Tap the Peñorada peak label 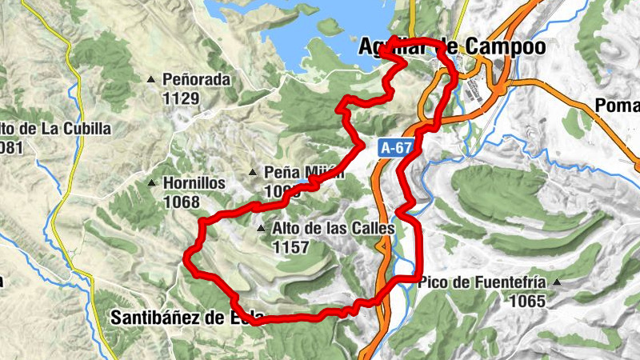pyautogui.click(x=196, y=80)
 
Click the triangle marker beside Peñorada pyautogui.click(x=152, y=80)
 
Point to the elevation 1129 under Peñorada pyautogui.click(x=180, y=98)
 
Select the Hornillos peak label pyautogui.click(x=194, y=182)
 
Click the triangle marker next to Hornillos pyautogui.click(x=152, y=183)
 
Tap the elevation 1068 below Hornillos pyautogui.click(x=180, y=202)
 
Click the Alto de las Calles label pyautogui.click(x=334, y=229)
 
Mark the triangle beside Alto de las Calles pyautogui.click(x=261, y=230)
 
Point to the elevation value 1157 pyautogui.click(x=290, y=248)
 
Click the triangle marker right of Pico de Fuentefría pyautogui.click(x=557, y=283)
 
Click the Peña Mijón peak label pyautogui.click(x=304, y=172)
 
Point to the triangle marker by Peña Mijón pyautogui.click(x=253, y=172)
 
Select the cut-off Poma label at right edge pyautogui.click(x=618, y=106)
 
